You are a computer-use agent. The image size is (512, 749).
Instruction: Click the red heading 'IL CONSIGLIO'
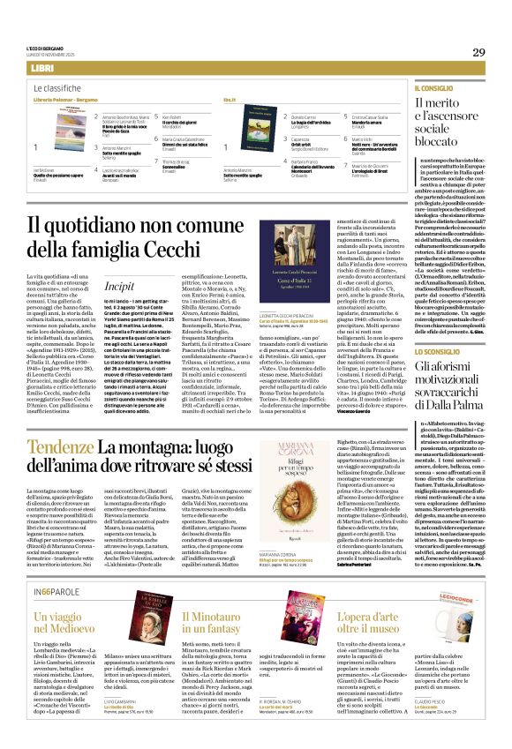coord(432,89)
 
